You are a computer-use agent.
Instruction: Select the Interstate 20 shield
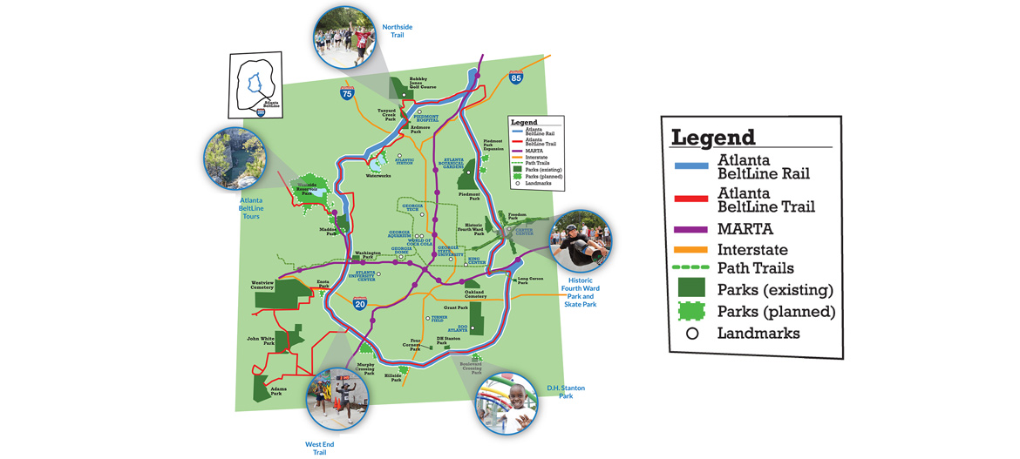coord(359,303)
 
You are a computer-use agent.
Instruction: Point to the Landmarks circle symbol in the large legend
coord(692,333)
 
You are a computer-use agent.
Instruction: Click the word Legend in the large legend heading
coord(712,137)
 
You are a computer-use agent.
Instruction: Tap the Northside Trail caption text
coord(397,31)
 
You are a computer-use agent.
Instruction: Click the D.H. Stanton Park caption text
coord(566,391)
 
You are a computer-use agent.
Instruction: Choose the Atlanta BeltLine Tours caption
coord(250,208)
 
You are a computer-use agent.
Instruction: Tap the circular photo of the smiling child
coord(507,402)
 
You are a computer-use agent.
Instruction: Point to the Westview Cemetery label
coord(268,286)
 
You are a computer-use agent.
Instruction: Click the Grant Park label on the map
coord(456,307)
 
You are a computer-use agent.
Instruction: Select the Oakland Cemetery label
coord(476,294)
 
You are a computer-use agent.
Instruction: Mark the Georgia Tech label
coord(412,207)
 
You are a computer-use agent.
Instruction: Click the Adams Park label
coord(276,391)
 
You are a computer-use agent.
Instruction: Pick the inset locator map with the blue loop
coord(255,84)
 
